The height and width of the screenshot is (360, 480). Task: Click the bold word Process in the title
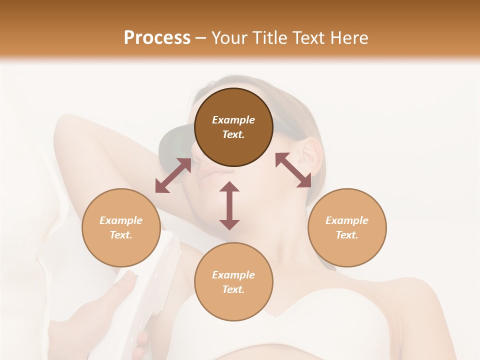[x=157, y=38]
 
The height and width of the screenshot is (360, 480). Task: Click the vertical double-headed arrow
[x=229, y=205]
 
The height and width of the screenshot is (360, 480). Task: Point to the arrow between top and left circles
[x=173, y=175]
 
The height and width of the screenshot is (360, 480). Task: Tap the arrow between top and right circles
[x=293, y=170]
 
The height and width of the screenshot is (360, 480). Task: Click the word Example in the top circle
[x=233, y=120]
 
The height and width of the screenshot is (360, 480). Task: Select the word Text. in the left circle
[x=121, y=235]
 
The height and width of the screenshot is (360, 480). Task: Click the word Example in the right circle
[x=347, y=220]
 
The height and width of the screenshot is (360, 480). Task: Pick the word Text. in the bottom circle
[x=233, y=289]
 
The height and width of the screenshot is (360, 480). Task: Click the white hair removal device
[x=155, y=280]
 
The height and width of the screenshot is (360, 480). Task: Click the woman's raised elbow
[x=67, y=125]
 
